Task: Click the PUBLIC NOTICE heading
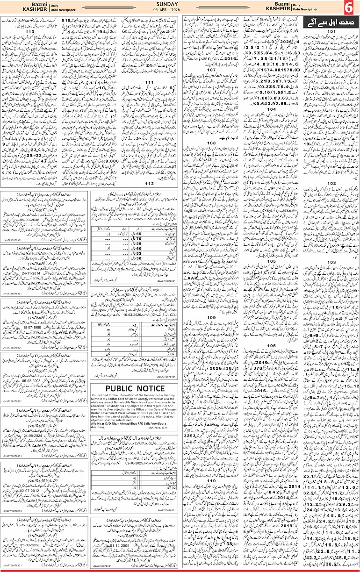[x=135, y=388]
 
